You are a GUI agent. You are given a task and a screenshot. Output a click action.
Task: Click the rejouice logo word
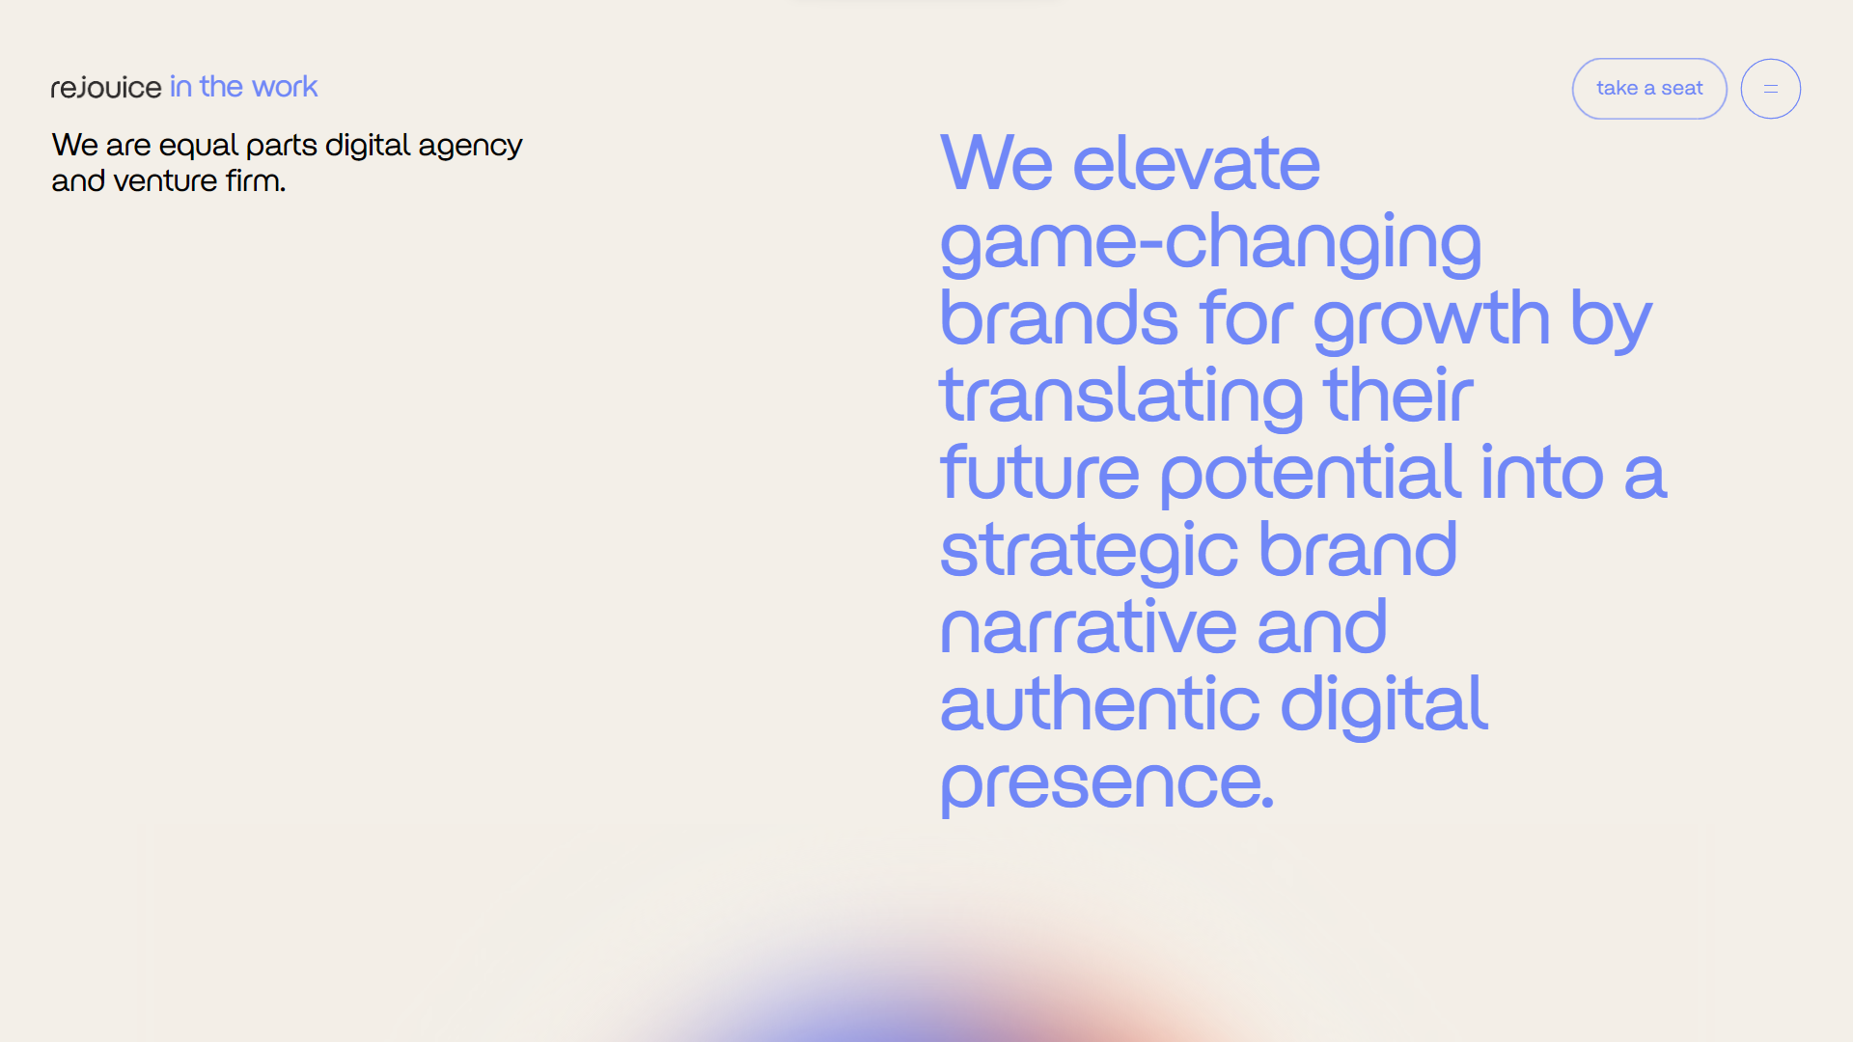106,88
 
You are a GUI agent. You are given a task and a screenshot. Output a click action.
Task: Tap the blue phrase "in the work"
244,87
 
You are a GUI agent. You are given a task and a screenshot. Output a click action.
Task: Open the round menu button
1770,89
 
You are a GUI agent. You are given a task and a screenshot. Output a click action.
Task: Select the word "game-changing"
1210,244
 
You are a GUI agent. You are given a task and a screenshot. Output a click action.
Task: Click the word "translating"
1121,398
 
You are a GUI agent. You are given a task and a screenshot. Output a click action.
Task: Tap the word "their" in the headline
1398,395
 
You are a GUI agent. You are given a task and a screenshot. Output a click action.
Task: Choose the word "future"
1039,472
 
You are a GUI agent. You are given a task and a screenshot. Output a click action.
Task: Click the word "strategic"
1089,552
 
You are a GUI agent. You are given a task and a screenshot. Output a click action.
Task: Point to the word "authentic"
1099,703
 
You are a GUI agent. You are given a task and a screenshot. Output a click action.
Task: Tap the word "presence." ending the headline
1107,785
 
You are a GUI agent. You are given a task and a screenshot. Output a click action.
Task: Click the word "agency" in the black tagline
470,147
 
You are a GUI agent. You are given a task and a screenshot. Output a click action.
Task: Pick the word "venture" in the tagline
165,181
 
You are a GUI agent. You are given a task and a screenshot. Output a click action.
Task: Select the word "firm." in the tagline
256,180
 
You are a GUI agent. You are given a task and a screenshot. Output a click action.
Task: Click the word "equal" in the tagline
198,146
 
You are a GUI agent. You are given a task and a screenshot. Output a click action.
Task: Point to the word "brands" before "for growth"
1059,317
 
